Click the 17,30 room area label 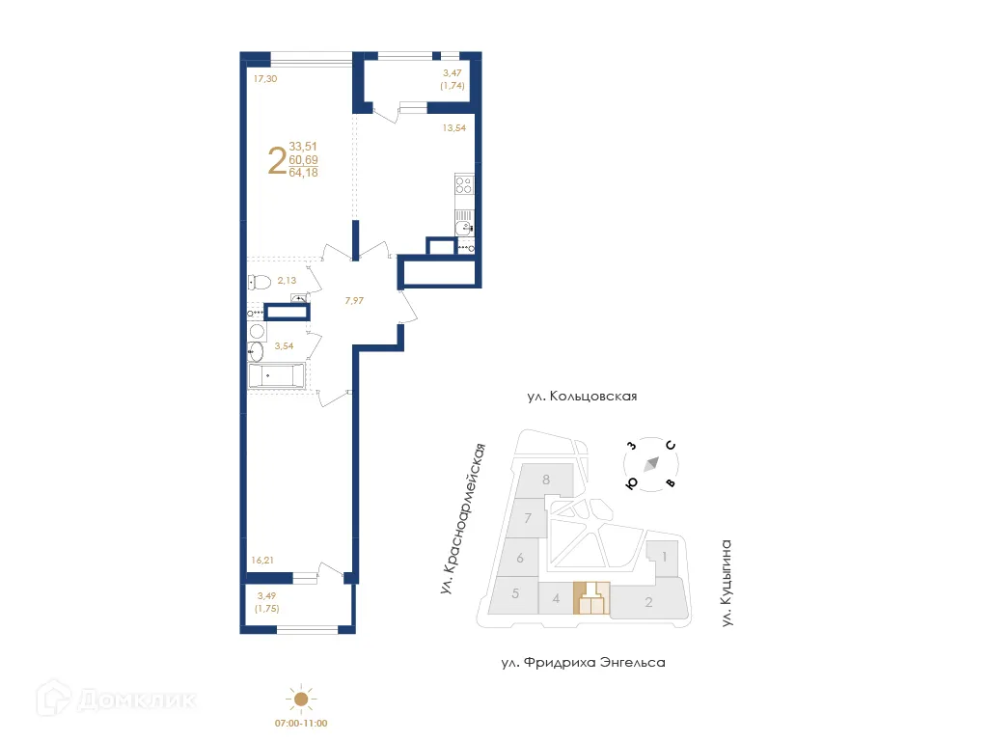(x=265, y=79)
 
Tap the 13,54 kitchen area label (x=454, y=125)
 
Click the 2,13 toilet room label (x=288, y=281)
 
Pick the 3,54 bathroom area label (x=285, y=344)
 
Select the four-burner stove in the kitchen (x=464, y=184)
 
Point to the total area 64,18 (x=303, y=173)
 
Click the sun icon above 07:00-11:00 (x=301, y=700)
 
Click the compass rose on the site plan (x=650, y=463)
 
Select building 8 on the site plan (x=546, y=480)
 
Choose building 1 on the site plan (x=665, y=557)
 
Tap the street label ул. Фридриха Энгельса (x=583, y=663)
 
